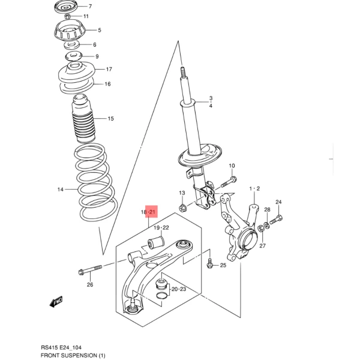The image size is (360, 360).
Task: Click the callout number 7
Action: coord(90,7)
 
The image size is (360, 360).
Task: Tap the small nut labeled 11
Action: coord(67,16)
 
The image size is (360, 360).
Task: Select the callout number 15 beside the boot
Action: coord(110,119)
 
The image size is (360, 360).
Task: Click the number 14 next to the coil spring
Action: coord(61,190)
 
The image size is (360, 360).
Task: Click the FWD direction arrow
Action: coord(56,301)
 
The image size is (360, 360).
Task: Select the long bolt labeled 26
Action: coord(90,270)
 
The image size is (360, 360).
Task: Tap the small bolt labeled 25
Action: coord(209,263)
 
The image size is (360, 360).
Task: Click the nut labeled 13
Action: coord(183,208)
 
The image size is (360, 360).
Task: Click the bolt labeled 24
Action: coord(276,220)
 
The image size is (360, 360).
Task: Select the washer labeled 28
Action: coord(266,226)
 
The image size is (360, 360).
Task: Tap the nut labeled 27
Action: coord(261,229)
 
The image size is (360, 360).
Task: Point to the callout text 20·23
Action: coord(179,289)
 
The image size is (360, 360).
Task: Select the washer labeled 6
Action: coord(71,45)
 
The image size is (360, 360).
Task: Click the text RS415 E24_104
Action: coord(61,347)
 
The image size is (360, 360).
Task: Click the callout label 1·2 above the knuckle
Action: coord(254,189)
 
